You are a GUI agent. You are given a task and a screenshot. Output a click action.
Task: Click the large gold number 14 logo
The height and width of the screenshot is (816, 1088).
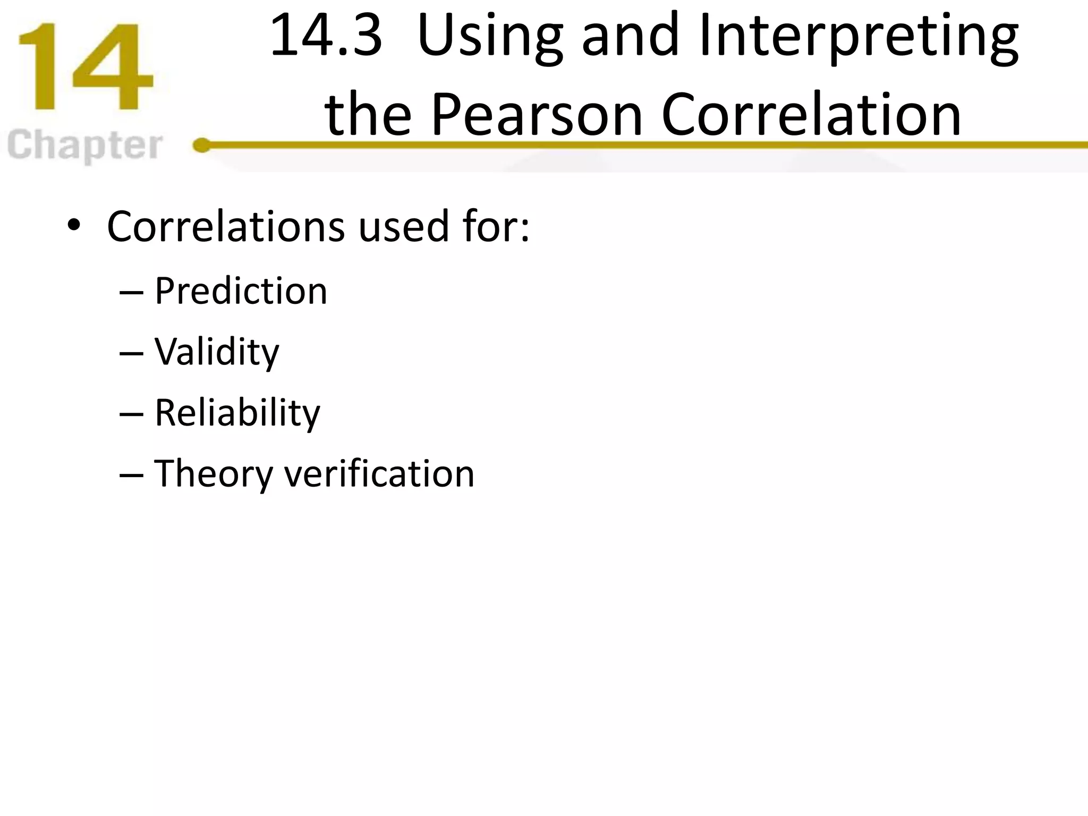pos(85,67)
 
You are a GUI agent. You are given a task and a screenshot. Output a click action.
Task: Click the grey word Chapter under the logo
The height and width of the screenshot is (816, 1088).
pos(85,146)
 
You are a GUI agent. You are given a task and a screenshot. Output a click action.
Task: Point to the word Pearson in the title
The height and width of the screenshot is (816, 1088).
pos(537,115)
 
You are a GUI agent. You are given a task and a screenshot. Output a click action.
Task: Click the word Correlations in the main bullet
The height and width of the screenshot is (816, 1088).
pos(226,226)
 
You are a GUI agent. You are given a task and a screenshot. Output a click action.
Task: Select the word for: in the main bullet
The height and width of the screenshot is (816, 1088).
pos(496,226)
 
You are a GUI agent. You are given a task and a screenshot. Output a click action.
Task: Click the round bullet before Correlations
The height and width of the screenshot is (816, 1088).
pos(74,226)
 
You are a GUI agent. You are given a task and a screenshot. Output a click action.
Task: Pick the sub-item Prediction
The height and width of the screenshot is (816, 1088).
pos(241,291)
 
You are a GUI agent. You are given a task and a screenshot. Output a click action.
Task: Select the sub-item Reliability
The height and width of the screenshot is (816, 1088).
pos(237,413)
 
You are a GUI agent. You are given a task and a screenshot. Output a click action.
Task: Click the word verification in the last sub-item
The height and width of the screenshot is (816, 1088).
pos(379,473)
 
